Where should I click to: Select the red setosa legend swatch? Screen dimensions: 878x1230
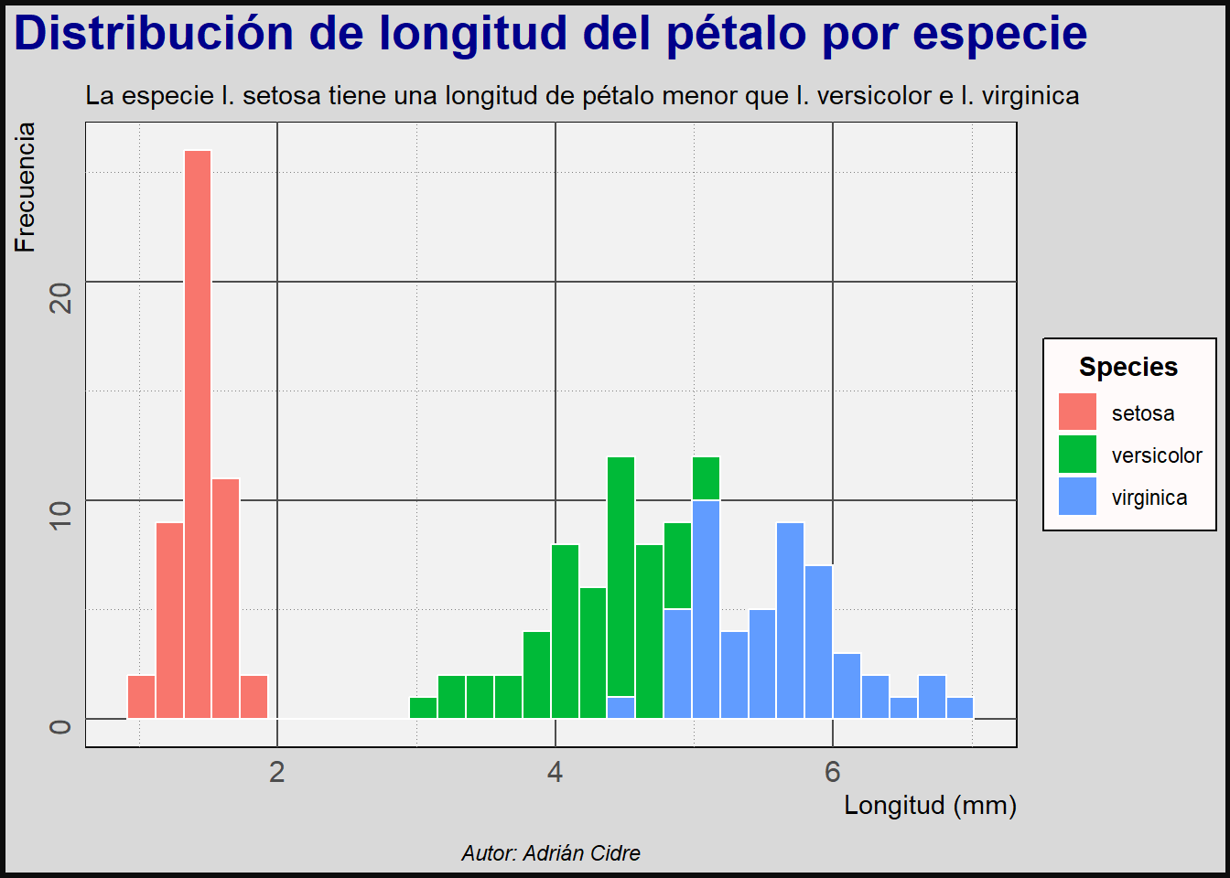1077,412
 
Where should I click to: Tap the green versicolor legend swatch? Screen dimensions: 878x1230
1077,455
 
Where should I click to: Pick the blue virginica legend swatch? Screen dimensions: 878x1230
1077,497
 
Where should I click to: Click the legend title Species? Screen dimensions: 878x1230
1128,367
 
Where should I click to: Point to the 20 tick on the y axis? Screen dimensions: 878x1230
60,297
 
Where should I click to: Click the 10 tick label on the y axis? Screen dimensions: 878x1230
60,516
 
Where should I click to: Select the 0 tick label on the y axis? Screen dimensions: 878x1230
60,727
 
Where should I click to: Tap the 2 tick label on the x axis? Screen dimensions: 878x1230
277,772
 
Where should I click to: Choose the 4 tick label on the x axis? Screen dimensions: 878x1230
555,772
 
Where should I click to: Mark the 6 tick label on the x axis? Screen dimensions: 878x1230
832,772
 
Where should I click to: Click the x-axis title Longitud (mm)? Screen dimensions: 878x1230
930,805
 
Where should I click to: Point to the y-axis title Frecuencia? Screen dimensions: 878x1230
25,187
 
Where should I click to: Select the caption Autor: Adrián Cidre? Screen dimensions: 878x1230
551,853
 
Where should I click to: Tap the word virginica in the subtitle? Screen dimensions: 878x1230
1030,95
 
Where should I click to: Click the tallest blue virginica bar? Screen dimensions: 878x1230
706,608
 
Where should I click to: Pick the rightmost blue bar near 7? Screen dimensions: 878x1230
960,708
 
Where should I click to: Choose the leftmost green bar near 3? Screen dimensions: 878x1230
423,708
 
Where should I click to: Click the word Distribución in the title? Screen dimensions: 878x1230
153,34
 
